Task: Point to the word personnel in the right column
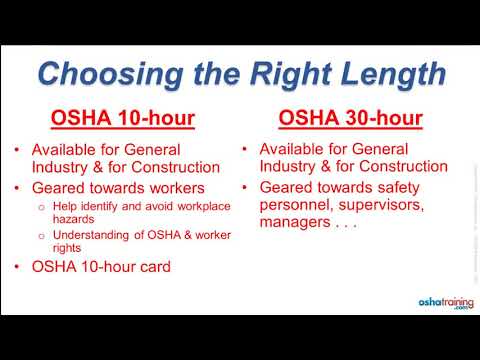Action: (x=295, y=204)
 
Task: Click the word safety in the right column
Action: (x=410, y=186)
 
